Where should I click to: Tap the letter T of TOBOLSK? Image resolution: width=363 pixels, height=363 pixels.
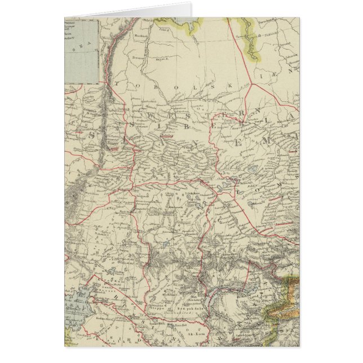click(117, 85)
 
